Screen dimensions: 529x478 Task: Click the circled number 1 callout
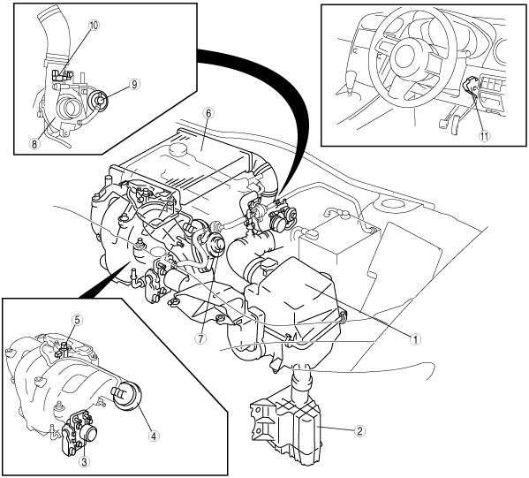click(415, 339)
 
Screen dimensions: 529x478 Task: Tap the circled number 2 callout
click(360, 431)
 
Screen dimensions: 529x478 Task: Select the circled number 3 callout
click(84, 461)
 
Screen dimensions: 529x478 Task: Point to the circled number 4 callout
click(153, 436)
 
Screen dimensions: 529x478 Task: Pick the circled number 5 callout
click(77, 321)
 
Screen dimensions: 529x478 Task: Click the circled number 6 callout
click(208, 113)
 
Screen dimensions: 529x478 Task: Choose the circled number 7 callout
click(200, 339)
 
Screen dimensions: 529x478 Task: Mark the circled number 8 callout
click(34, 144)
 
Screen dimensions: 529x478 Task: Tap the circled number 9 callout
click(134, 84)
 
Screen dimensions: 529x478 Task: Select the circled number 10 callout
click(94, 26)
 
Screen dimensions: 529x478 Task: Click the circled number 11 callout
click(485, 136)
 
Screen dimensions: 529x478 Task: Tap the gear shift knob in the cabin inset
click(351, 76)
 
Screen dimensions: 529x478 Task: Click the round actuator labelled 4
click(127, 396)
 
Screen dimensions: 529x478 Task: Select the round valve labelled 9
click(98, 100)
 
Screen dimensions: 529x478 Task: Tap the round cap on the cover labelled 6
click(176, 148)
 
